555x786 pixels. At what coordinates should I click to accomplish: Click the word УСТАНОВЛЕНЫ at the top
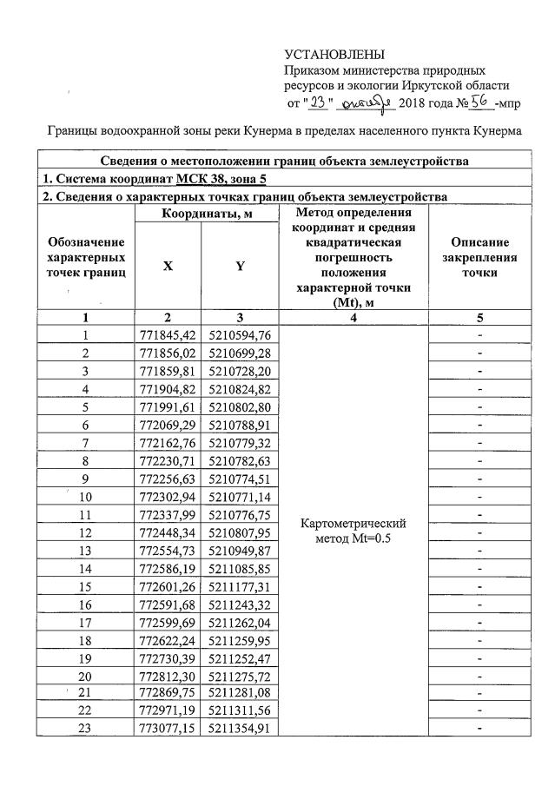click(334, 55)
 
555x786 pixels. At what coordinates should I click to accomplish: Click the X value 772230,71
click(167, 460)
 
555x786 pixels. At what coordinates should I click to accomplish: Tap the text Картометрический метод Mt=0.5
click(352, 532)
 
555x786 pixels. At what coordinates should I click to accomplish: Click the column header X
click(167, 268)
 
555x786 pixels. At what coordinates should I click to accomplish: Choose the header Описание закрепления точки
click(480, 257)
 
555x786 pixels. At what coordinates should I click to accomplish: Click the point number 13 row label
click(86, 551)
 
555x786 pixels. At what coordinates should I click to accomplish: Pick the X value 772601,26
click(167, 586)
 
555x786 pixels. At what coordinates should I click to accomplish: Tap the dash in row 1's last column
click(480, 334)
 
